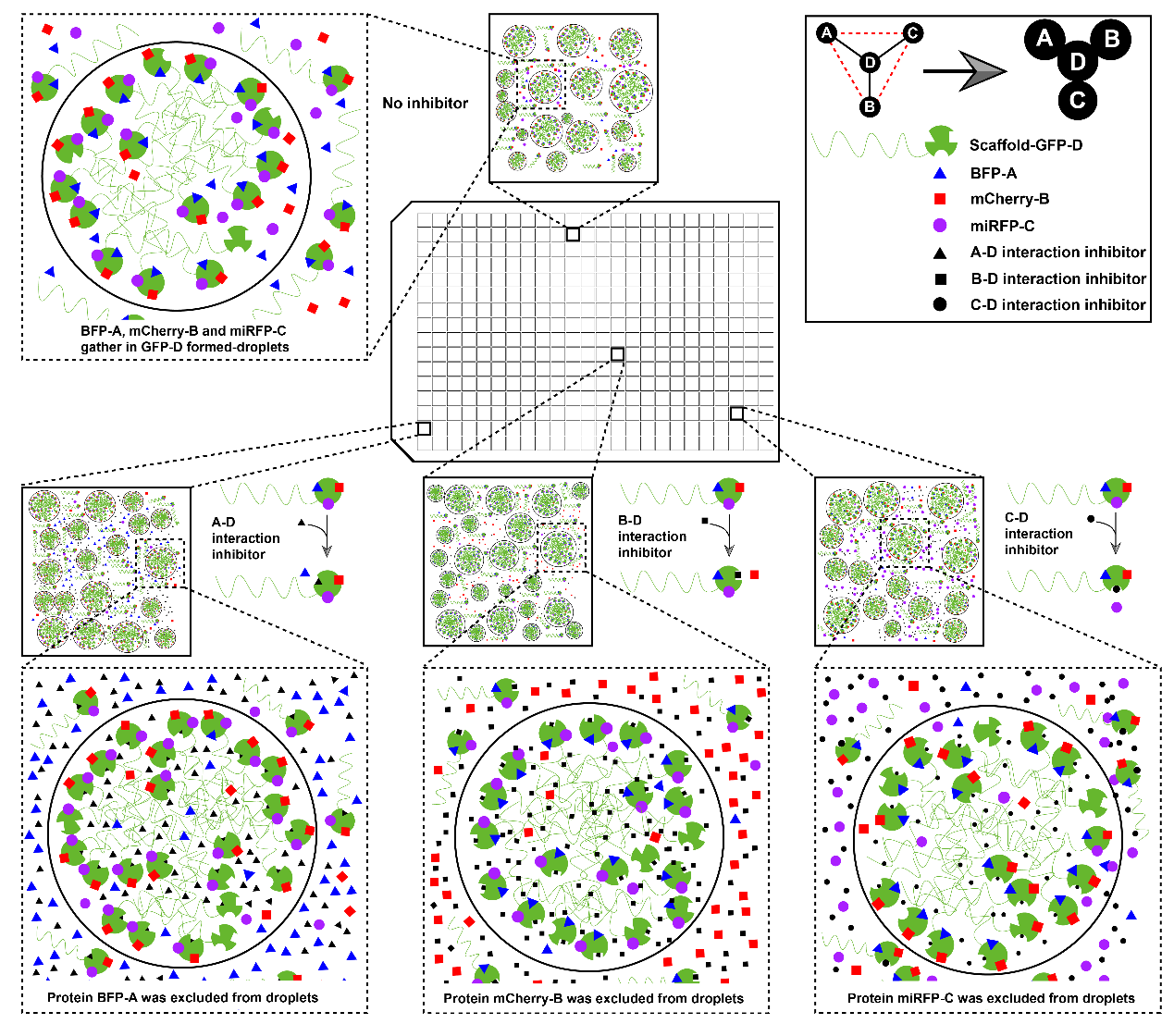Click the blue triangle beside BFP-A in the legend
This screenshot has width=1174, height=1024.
coord(939,173)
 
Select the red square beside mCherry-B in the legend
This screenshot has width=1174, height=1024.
coord(939,199)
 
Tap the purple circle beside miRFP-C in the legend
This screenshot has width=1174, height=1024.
coord(939,226)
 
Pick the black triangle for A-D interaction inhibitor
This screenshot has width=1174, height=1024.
coord(939,253)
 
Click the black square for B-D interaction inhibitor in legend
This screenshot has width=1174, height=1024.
coord(940,278)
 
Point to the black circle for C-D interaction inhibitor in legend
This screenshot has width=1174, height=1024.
coord(939,304)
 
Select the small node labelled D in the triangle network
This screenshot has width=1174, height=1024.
coord(870,63)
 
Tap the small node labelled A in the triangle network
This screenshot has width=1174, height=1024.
coord(826,32)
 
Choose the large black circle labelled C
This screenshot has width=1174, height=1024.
coord(1077,101)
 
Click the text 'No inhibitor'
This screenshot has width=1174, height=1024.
coord(426,104)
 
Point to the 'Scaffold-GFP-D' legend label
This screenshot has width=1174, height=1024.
coord(1026,145)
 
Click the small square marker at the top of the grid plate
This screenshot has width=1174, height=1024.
coord(573,234)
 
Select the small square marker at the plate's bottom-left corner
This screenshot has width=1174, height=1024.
coord(424,428)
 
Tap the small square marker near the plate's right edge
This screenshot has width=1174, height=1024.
coord(736,413)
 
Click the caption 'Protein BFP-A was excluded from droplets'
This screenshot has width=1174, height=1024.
coord(182,997)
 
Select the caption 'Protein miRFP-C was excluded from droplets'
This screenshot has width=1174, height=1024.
coord(991,997)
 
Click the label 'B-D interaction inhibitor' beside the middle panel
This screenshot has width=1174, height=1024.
coord(652,537)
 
